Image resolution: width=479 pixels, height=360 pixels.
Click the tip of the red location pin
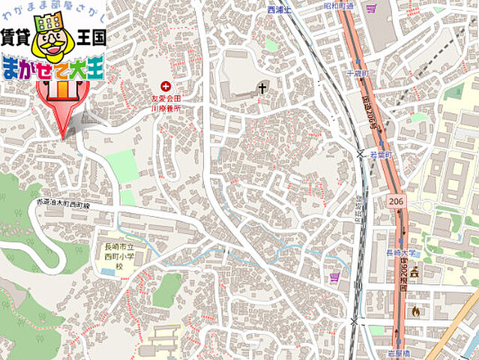coord(62,137)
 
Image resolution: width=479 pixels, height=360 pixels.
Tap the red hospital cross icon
coord(165,86)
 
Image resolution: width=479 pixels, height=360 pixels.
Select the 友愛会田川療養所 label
coord(174,102)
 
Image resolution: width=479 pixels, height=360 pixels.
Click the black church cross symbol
coord(262,88)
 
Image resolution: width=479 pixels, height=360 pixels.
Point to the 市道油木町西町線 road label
coord(64,204)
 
